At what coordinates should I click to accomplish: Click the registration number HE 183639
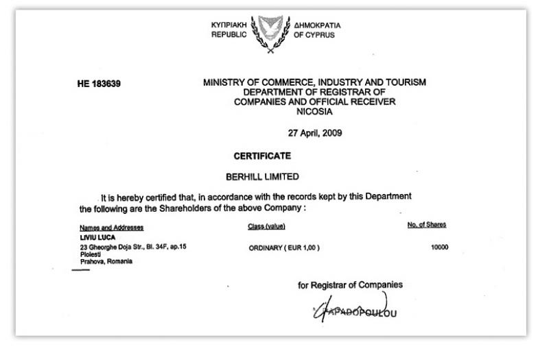tap(100, 84)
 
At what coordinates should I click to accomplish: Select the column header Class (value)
tap(267, 226)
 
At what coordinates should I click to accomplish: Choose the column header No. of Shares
tap(426, 226)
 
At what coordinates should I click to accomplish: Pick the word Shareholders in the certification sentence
tap(183, 209)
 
